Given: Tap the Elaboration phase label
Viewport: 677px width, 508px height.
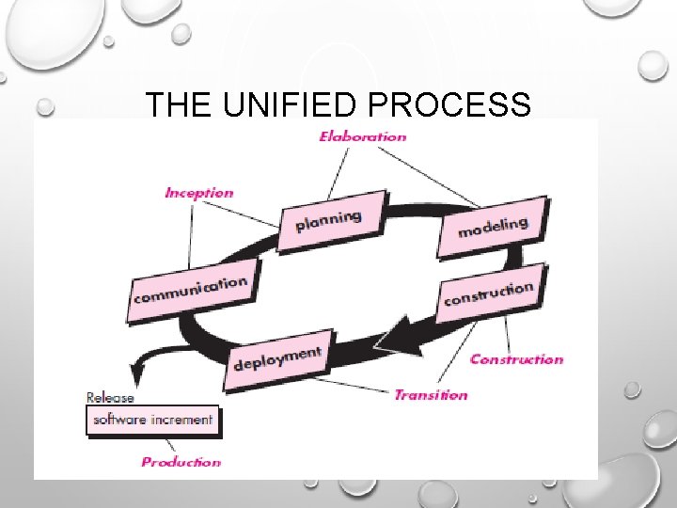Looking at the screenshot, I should click(x=363, y=136).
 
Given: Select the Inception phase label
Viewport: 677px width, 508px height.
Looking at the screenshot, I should click(x=199, y=193).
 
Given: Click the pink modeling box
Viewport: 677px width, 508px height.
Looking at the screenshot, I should click(x=492, y=227).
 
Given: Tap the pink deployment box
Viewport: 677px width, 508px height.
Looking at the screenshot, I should click(x=278, y=358).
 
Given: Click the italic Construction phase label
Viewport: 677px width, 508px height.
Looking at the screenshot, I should click(x=516, y=358).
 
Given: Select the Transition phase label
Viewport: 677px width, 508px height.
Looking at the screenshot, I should click(x=431, y=395).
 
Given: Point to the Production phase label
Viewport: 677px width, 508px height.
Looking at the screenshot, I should click(x=181, y=462).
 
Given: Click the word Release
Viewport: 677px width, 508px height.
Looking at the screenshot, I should click(x=110, y=397).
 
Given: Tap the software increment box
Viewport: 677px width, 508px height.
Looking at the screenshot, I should click(x=153, y=420).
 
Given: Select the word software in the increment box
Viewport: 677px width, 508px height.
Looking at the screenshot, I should click(x=120, y=420).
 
